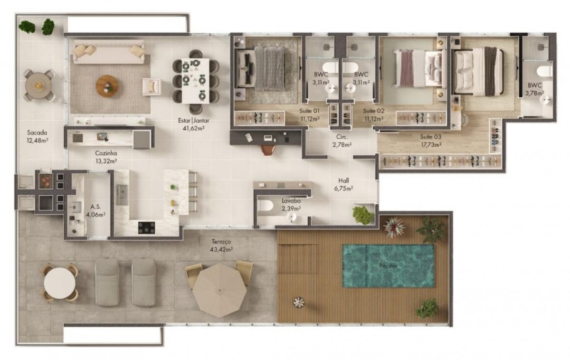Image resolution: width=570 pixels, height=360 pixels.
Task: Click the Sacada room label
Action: [x=37, y=133]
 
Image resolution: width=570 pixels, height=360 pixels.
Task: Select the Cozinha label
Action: [x=106, y=153]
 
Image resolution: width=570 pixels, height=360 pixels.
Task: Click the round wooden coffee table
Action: [x=107, y=86]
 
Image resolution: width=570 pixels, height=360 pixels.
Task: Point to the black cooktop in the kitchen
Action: [x=147, y=227]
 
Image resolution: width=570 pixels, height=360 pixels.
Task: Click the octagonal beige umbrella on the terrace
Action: [x=219, y=290]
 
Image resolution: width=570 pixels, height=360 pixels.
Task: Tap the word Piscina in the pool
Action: [x=388, y=266]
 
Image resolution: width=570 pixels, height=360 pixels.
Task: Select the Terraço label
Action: [x=221, y=241]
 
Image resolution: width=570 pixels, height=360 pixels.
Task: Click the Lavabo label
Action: [x=291, y=201]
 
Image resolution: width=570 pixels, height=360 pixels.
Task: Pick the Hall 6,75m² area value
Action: [x=343, y=189]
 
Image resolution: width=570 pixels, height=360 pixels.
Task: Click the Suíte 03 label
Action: [x=430, y=137]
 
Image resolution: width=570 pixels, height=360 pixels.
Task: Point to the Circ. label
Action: [x=342, y=137]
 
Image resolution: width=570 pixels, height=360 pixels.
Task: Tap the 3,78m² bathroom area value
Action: [x=535, y=94]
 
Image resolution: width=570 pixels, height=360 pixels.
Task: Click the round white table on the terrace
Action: [x=59, y=283]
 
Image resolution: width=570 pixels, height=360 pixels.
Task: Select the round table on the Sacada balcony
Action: [x=38, y=85]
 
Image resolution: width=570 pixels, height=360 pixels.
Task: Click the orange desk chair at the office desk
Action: [x=266, y=150]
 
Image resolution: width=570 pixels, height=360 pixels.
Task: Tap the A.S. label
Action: [x=95, y=207]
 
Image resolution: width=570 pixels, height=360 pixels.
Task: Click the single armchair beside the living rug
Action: [x=152, y=86]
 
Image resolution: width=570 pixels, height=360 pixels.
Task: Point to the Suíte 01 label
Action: [x=309, y=111]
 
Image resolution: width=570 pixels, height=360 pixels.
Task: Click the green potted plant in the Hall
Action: [x=363, y=215]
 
